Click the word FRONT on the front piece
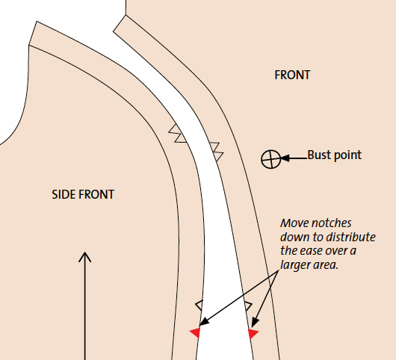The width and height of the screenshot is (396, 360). tap(292, 75)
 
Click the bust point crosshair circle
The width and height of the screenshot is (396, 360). tap(270, 159)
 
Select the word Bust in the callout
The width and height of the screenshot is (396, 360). tap(319, 155)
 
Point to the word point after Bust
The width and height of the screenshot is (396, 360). tap(347, 155)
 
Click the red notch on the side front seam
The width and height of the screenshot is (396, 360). tap(195, 333)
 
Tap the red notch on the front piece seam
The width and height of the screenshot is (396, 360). tap(253, 334)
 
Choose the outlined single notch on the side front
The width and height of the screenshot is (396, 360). tap(199, 305)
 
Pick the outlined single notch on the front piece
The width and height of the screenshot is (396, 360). tap(248, 306)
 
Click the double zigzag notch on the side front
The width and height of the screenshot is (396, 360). tap(178, 134)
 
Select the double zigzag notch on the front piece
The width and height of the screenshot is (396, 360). tap(217, 152)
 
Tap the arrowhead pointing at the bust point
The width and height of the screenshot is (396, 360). tap(285, 158)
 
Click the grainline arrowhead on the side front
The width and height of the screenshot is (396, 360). tap(85, 257)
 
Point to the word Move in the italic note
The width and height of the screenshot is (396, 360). tap(294, 223)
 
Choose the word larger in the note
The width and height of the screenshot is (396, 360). tap(295, 266)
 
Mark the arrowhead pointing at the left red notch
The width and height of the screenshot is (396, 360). tap(204, 322)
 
